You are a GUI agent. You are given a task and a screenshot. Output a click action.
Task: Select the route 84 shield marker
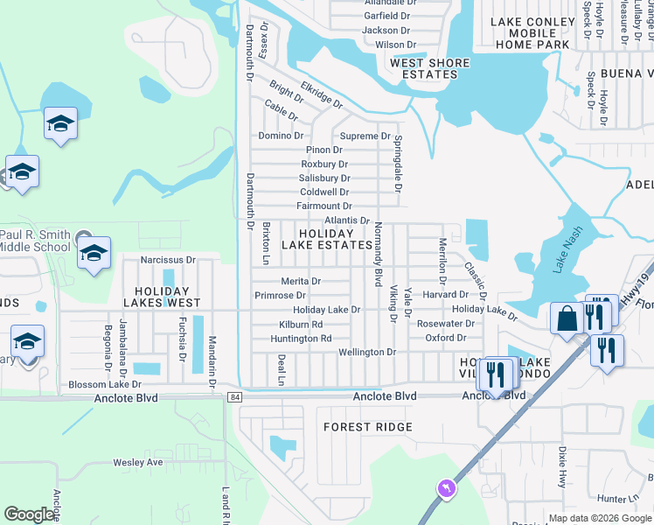(234, 397)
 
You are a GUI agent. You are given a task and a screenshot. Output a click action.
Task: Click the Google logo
(29, 514)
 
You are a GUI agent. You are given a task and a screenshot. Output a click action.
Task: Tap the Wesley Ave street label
(138, 462)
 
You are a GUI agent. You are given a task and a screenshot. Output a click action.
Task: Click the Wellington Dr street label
(367, 352)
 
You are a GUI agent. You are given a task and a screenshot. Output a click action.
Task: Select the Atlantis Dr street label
(347, 220)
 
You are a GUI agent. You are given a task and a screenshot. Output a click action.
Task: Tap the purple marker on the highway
(447, 487)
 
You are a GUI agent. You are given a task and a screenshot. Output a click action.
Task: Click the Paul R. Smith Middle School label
(35, 241)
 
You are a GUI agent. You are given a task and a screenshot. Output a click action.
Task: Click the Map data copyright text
(600, 518)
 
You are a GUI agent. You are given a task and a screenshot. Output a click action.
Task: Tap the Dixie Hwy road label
(561, 467)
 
